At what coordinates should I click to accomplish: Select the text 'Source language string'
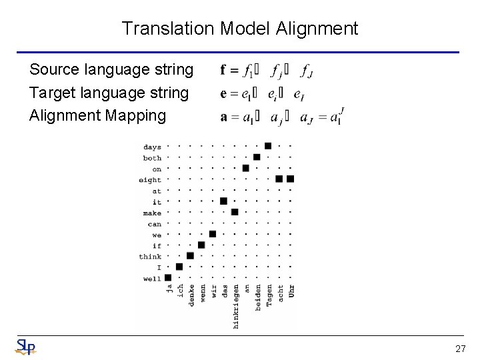click(x=111, y=69)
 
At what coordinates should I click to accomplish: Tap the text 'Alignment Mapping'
click(x=97, y=115)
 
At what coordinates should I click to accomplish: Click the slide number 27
click(x=460, y=348)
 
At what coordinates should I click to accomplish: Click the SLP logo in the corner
click(x=25, y=347)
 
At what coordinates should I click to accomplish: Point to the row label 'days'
click(x=152, y=147)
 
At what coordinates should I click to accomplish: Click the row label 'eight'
click(x=150, y=179)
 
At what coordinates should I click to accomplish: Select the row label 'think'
click(x=150, y=257)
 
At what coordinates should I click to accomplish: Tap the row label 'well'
click(x=152, y=279)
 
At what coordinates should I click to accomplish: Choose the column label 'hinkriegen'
click(x=235, y=307)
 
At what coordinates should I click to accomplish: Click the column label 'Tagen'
click(x=269, y=296)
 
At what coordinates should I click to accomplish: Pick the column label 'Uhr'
click(x=291, y=292)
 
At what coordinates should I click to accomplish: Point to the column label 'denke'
click(x=191, y=296)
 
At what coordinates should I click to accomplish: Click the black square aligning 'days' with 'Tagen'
click(x=268, y=146)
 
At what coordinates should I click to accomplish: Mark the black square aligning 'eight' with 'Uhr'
click(x=290, y=179)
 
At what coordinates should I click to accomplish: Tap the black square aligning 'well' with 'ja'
click(x=168, y=277)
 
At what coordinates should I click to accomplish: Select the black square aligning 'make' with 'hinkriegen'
click(x=235, y=212)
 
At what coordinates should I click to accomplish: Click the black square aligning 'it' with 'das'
click(x=223, y=201)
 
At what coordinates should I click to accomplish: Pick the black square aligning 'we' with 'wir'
click(x=213, y=233)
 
